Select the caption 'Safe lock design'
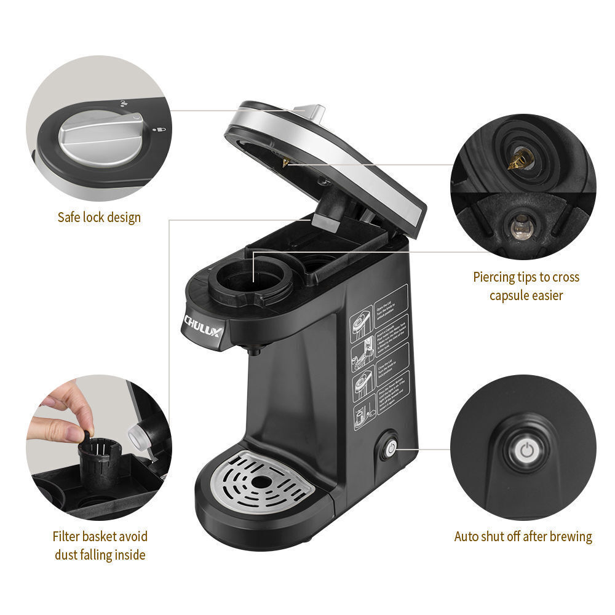point(99,217)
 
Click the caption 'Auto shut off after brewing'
point(523,536)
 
